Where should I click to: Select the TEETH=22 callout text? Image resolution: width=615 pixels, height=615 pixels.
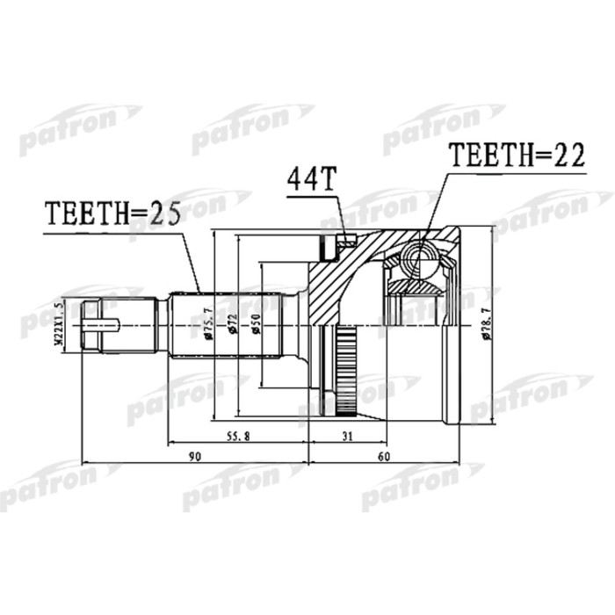tap(516, 156)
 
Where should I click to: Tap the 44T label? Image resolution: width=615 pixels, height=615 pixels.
tap(310, 182)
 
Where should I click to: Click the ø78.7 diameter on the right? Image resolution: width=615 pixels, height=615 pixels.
tap(485, 328)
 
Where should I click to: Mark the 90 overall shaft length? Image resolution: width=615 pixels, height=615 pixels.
tap(194, 457)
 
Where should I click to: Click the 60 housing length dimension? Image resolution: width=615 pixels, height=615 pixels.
tap(383, 457)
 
